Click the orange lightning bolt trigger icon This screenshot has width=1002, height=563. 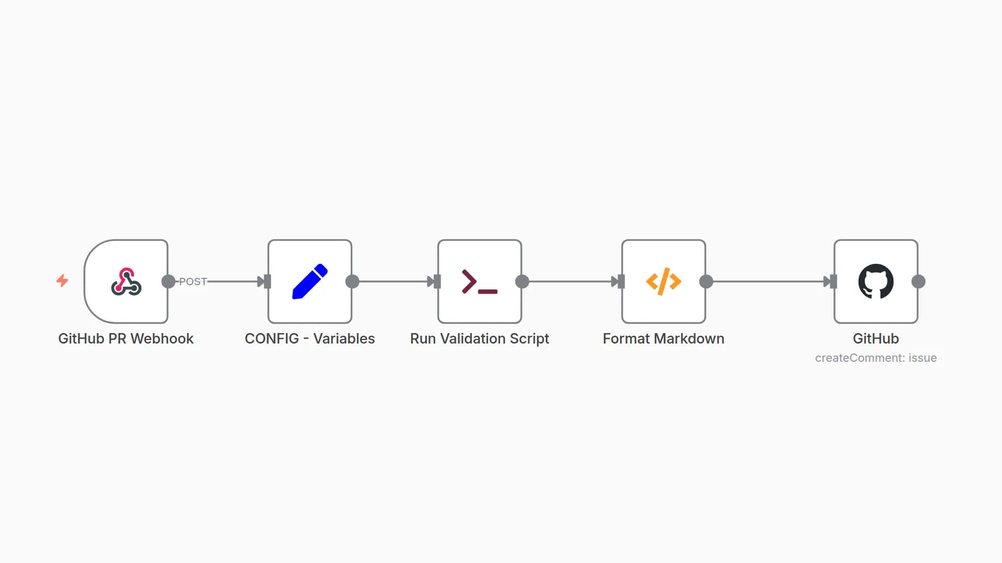coord(62,281)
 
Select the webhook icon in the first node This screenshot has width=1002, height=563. coord(126,281)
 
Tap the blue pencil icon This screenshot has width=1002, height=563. coord(310,281)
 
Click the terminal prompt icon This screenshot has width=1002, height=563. coord(480,281)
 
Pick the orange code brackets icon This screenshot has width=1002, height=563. coord(663,281)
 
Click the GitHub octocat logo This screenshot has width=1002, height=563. coord(876,281)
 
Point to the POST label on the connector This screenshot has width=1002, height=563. coord(193,281)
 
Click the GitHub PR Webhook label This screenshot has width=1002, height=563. coord(126,339)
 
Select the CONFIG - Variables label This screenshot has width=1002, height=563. coord(310,339)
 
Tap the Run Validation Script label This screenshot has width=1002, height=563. coord(480,339)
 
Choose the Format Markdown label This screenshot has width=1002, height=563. coord(663,339)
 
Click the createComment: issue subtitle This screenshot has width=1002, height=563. coord(876,358)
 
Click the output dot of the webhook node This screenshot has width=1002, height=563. coord(169,281)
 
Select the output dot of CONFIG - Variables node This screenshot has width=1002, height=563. coord(352,281)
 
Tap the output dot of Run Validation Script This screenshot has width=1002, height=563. coord(522,281)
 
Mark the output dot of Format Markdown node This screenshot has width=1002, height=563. coord(706,281)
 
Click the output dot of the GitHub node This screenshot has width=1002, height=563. coord(918,281)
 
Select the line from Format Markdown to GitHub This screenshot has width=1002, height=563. coord(767,281)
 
